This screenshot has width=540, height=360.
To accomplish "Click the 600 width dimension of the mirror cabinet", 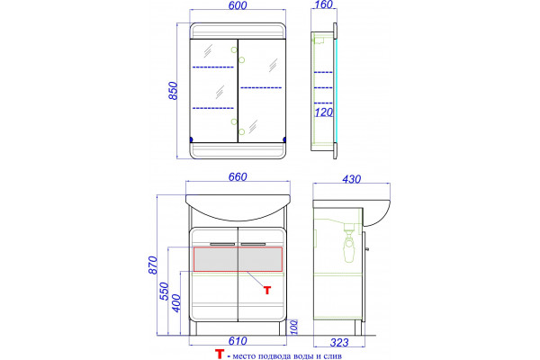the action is tap(238, 5).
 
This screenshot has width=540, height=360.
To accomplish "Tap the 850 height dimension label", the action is tap(173, 91).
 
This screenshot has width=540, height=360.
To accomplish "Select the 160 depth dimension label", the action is tap(324, 4).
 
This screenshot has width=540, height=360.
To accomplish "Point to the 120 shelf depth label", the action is tap(324, 112).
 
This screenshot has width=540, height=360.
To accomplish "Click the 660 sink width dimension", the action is tap(238, 176).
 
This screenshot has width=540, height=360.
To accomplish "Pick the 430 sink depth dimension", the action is tap(352, 179).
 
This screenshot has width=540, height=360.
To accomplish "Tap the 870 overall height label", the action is tap(153, 265).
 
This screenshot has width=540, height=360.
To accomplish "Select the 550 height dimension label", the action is tap(165, 291).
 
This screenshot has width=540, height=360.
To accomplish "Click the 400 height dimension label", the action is tap(175, 302).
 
